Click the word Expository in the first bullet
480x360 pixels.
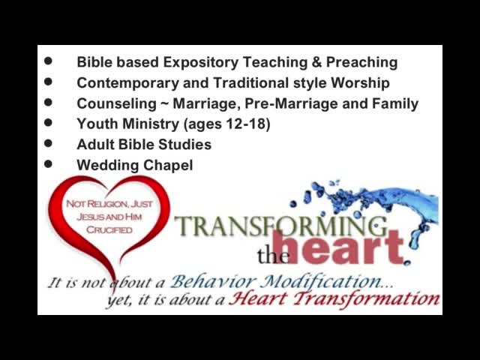click(200, 63)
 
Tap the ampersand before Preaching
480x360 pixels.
click(316, 62)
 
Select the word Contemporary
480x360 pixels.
click(127, 83)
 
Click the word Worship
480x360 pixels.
click(360, 83)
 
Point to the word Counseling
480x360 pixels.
click(116, 104)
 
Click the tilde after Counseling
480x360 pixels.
click(164, 104)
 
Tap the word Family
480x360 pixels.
click(395, 104)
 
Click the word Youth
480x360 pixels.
click(97, 124)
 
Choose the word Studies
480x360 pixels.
click(185, 145)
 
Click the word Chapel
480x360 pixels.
click(168, 166)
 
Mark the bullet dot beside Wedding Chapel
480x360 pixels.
click(48, 164)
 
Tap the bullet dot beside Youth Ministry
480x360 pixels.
click(48, 123)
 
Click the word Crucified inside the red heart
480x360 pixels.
click(109, 229)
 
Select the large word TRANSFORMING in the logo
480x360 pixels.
click(280, 226)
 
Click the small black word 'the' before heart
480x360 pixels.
click(273, 256)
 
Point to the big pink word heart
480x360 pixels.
click(337, 247)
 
